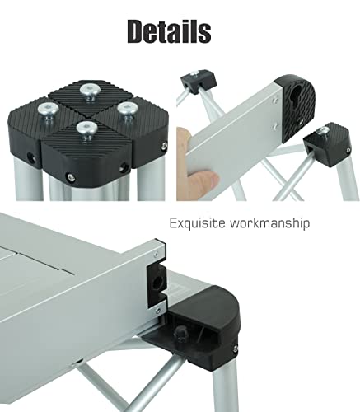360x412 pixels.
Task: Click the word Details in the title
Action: click(x=169, y=31)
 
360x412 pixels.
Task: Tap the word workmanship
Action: click(x=271, y=222)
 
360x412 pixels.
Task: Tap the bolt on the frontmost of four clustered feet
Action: click(x=83, y=127)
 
